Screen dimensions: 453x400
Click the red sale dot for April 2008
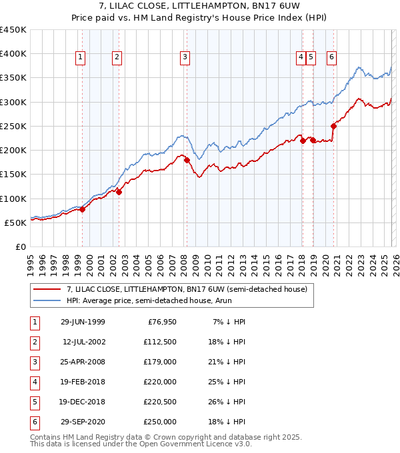[187, 160]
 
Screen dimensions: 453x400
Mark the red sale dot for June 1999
[83, 209]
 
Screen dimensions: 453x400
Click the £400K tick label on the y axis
[13, 54]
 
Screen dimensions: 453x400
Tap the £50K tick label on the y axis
[15, 223]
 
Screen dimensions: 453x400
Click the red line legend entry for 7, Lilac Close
[187, 289]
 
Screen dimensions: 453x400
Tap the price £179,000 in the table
[161, 362]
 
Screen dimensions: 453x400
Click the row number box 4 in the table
[35, 382]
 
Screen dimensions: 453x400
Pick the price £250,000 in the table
[161, 422]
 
